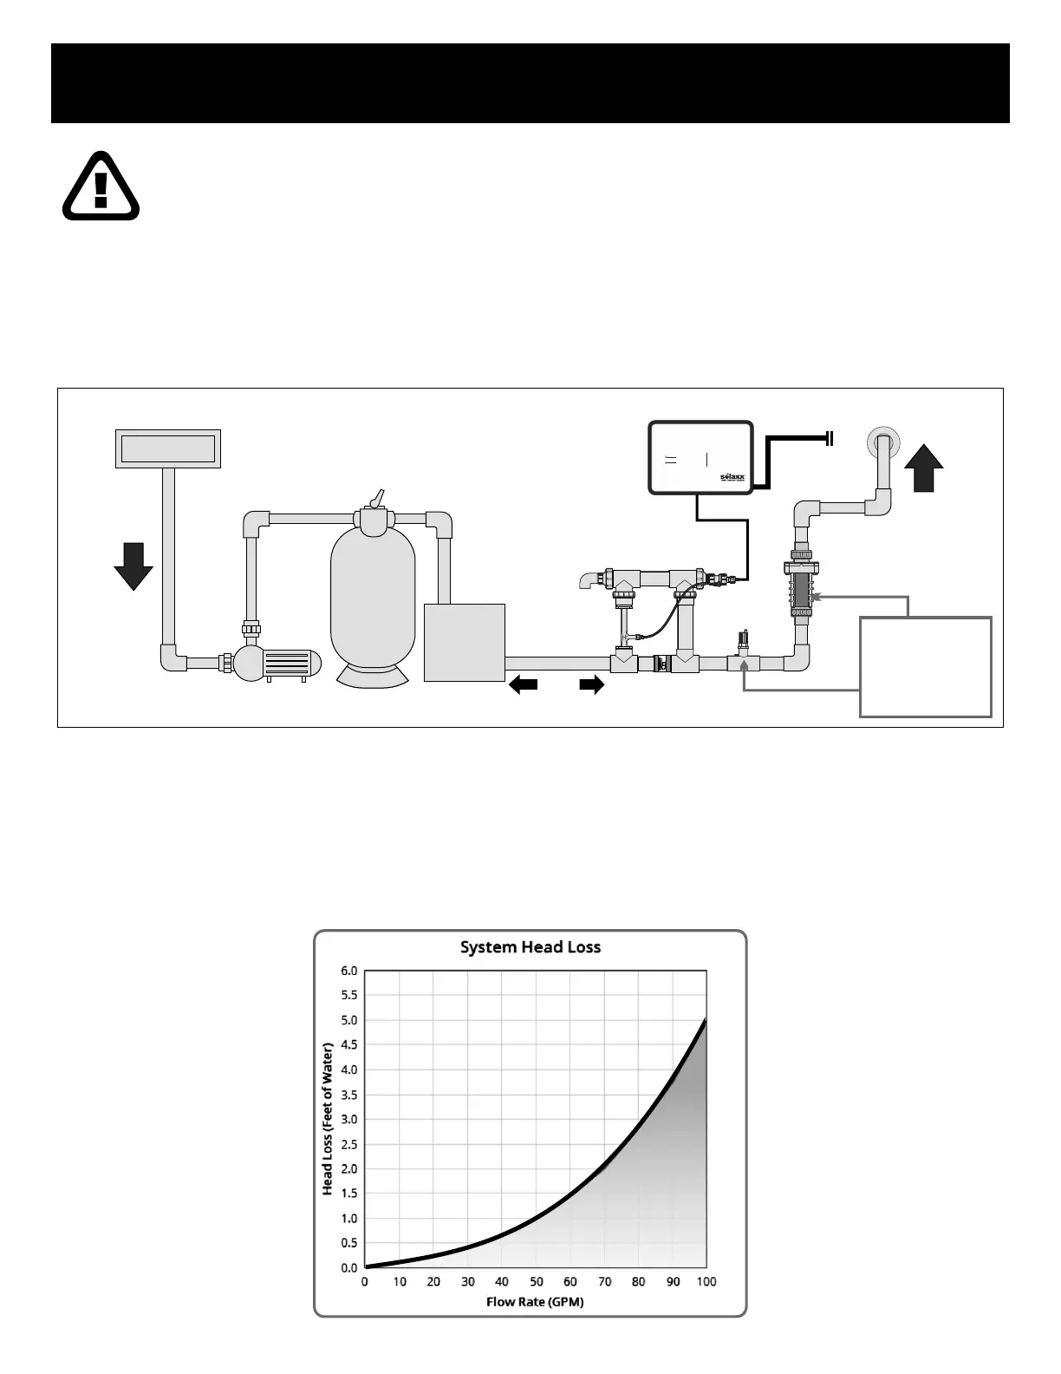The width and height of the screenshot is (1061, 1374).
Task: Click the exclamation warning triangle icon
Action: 101,186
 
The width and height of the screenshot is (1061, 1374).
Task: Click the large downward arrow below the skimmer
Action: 133,566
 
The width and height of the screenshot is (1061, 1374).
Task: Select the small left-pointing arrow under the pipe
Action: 523,685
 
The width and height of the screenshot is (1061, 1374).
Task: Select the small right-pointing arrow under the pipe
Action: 591,685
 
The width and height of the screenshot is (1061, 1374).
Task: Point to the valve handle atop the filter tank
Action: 374,498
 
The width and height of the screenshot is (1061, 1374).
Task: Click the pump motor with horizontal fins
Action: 291,664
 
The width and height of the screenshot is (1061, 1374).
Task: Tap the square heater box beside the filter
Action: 464,642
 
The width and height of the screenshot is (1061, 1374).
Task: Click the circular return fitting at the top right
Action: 883,443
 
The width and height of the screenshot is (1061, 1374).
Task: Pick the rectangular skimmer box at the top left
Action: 168,448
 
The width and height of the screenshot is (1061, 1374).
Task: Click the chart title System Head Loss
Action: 530,946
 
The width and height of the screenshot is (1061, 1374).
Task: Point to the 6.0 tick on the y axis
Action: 348,971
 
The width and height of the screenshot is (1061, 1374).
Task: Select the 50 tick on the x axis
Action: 536,1282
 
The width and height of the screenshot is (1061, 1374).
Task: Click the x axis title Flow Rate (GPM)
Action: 534,1301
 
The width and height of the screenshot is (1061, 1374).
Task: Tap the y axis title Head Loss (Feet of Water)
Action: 328,1119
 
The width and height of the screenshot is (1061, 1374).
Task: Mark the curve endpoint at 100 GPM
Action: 706,1021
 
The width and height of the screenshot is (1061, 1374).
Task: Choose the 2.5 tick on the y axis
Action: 348,1144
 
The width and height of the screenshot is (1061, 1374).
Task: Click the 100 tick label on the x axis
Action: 706,1282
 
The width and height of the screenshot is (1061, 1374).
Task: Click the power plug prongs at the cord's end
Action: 830,438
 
